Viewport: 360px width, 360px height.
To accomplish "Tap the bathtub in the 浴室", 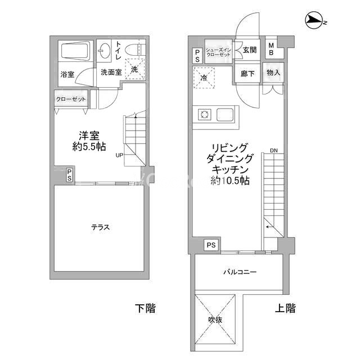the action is click(x=75, y=51).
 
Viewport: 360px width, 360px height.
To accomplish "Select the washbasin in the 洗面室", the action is click(x=103, y=51).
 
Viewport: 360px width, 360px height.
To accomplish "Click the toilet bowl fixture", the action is click(x=135, y=49).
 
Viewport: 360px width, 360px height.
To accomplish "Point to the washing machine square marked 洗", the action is click(x=135, y=69).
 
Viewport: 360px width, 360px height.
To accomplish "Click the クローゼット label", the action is click(x=71, y=99).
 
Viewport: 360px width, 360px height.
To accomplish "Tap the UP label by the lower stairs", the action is click(x=119, y=155).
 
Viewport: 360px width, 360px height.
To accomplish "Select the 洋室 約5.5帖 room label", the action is click(x=89, y=141).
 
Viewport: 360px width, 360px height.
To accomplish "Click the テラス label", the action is click(x=101, y=227).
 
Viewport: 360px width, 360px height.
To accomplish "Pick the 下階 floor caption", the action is click(x=145, y=308).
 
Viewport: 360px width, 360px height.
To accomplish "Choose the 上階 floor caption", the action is click(x=285, y=308).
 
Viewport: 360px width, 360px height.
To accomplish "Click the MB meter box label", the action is click(x=271, y=49).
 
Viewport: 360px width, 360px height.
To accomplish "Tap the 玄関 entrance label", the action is click(x=250, y=50).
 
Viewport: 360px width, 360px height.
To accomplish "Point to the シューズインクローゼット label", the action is click(x=218, y=52).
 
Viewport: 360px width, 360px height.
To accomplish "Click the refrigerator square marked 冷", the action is click(x=204, y=78).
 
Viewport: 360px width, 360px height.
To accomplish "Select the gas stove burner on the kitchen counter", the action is click(x=204, y=114).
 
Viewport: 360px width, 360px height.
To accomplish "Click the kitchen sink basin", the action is click(x=225, y=114).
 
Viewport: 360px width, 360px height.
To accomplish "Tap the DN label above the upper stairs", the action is click(x=274, y=151).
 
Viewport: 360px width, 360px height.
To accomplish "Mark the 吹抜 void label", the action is click(x=215, y=320).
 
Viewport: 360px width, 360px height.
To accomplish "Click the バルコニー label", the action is click(x=240, y=272).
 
